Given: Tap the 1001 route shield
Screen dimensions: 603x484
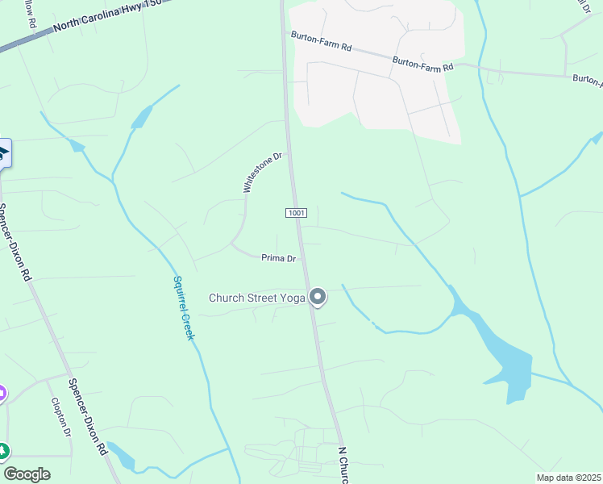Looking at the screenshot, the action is click(x=296, y=212).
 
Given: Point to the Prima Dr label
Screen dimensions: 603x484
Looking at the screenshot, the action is click(x=279, y=258).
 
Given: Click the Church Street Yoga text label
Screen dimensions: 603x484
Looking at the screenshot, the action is click(x=256, y=298).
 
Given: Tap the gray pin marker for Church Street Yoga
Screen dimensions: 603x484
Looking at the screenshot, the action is click(x=318, y=297).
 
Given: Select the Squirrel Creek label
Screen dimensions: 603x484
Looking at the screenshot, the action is click(x=183, y=307).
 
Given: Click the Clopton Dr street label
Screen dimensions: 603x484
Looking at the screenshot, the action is click(x=61, y=417).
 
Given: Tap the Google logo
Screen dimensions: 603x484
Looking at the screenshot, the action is click(x=27, y=474).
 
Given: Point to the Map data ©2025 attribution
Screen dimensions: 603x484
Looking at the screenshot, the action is click(x=568, y=478).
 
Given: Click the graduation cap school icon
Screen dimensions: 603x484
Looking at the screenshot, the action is click(x=2, y=152).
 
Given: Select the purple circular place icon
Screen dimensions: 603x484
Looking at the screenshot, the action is click(x=2, y=394).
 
